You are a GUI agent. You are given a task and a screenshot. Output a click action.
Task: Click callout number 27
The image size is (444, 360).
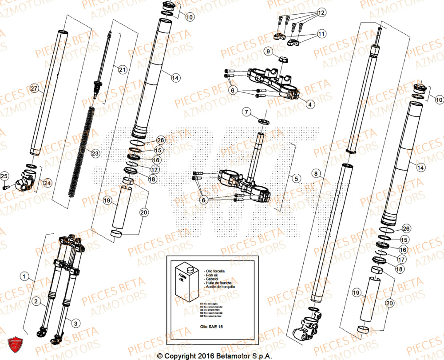tap(35, 89)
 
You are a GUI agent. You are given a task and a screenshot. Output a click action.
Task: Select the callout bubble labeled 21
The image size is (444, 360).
tap(122, 69)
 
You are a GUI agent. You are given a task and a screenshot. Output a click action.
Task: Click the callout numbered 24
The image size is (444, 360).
tap(47, 182)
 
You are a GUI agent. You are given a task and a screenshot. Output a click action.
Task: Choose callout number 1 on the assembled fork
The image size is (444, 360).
tap(23, 276)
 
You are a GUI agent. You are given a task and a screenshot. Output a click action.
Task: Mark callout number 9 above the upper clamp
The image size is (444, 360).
tap(268, 52)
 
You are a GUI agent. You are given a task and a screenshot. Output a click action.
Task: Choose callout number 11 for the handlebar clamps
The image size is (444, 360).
tap(321, 34)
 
